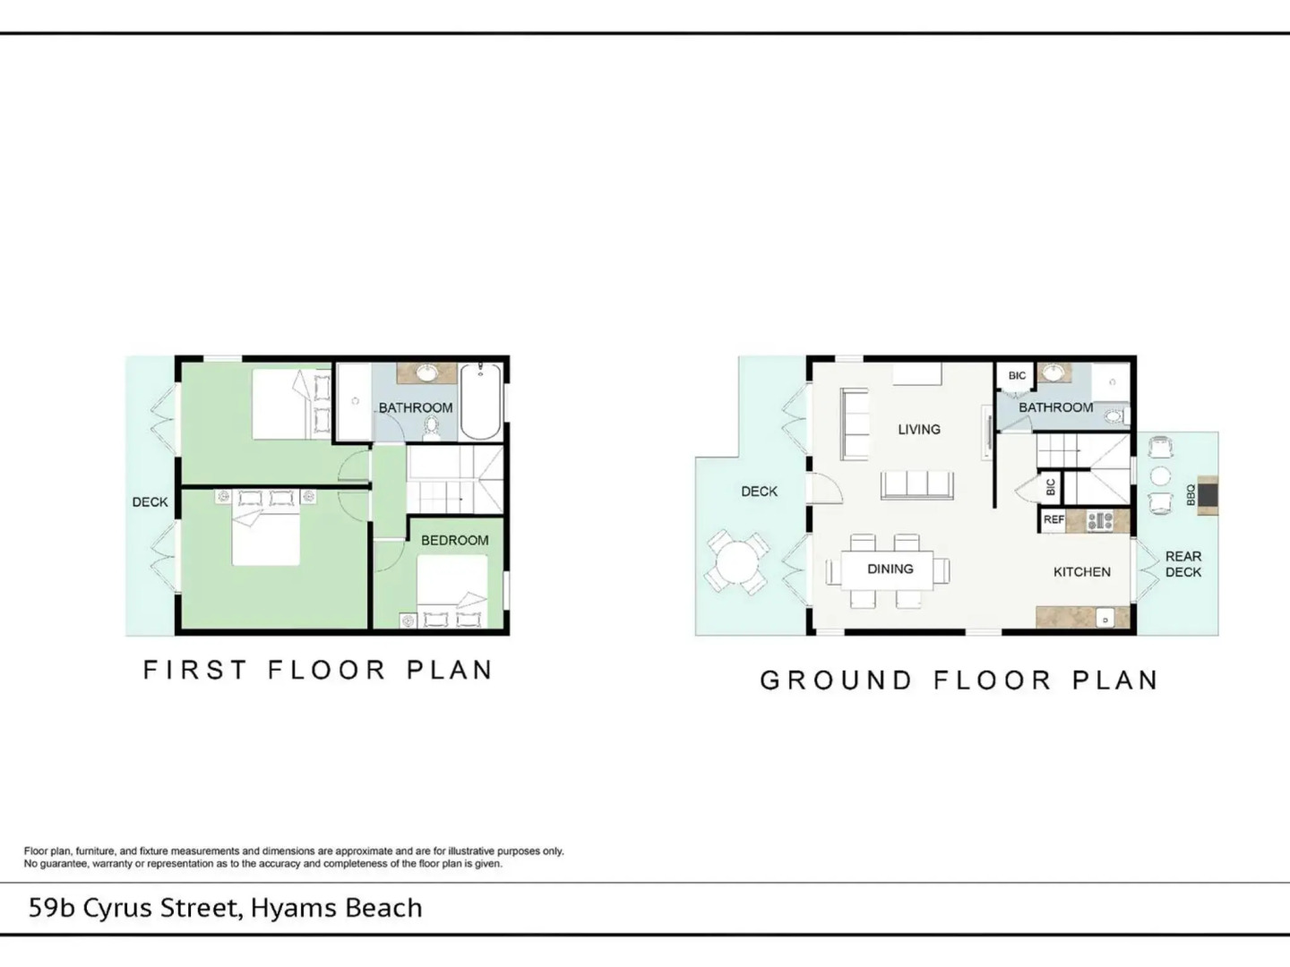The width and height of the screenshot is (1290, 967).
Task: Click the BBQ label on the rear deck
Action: pyautogui.click(x=1191, y=494)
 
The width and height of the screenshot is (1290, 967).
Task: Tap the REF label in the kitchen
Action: pyautogui.click(x=1053, y=519)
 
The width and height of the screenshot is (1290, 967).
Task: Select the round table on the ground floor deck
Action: pyautogui.click(x=736, y=562)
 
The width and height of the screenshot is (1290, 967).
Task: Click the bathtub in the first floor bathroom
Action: pyautogui.click(x=481, y=402)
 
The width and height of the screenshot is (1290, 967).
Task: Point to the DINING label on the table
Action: pyautogui.click(x=890, y=569)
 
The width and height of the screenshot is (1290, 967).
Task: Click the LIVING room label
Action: pyautogui.click(x=919, y=429)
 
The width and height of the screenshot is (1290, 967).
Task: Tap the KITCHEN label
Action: pyautogui.click(x=1082, y=572)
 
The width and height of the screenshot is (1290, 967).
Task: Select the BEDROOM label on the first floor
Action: pyautogui.click(x=455, y=540)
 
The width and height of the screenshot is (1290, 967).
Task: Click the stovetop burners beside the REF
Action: pyautogui.click(x=1100, y=521)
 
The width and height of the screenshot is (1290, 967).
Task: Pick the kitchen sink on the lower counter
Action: pyautogui.click(x=1105, y=619)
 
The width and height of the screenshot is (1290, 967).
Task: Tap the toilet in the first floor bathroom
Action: pyautogui.click(x=432, y=428)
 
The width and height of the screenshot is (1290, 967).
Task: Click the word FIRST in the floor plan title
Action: pyautogui.click(x=195, y=670)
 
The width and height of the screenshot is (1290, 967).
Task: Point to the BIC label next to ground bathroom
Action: pyautogui.click(x=1018, y=376)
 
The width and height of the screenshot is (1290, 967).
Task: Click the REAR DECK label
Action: pyautogui.click(x=1183, y=564)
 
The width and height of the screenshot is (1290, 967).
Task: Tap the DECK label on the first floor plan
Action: pyautogui.click(x=150, y=502)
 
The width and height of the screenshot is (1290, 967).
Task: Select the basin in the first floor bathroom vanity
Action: pyautogui.click(x=426, y=373)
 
